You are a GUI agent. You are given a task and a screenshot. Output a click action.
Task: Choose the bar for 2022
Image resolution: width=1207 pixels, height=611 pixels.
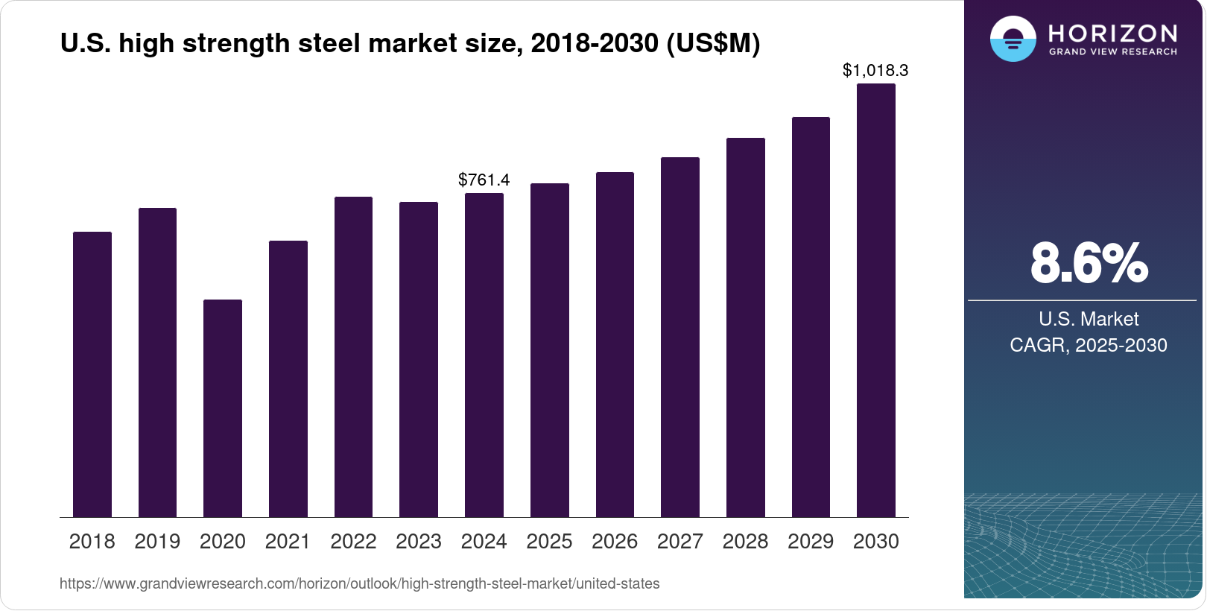pos(353,357)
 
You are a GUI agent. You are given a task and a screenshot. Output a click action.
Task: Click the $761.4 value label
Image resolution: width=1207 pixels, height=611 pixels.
pos(484,180)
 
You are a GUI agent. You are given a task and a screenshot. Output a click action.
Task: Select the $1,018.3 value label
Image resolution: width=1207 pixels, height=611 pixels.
pos(875,70)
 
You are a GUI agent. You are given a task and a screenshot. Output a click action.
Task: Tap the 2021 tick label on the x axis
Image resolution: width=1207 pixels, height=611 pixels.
pos(288,542)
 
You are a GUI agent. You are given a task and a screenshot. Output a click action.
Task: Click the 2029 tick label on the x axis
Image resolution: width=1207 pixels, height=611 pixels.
pos(811,542)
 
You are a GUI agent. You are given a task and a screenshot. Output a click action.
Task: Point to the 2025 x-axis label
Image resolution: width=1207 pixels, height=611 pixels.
pos(549,542)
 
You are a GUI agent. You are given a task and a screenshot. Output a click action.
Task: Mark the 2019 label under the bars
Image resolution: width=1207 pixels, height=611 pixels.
pos(157,542)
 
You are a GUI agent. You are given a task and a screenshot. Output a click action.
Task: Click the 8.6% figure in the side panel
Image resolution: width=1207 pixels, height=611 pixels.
pos(1089,263)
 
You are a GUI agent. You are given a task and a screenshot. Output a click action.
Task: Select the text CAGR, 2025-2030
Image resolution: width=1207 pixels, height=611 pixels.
pos(1088,345)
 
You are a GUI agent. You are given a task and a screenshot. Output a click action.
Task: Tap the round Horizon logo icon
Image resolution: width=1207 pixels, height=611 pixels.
pos(1013,39)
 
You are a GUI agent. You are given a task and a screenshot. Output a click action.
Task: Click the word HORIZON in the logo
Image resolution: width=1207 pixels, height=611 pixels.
pos(1112,33)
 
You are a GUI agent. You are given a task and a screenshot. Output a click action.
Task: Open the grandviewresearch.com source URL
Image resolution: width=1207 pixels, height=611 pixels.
pos(359,583)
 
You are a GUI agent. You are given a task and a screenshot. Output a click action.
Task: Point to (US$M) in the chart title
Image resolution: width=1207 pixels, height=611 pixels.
pos(713,43)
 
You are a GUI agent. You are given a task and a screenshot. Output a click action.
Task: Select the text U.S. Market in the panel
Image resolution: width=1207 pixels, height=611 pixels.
pos(1088,319)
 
